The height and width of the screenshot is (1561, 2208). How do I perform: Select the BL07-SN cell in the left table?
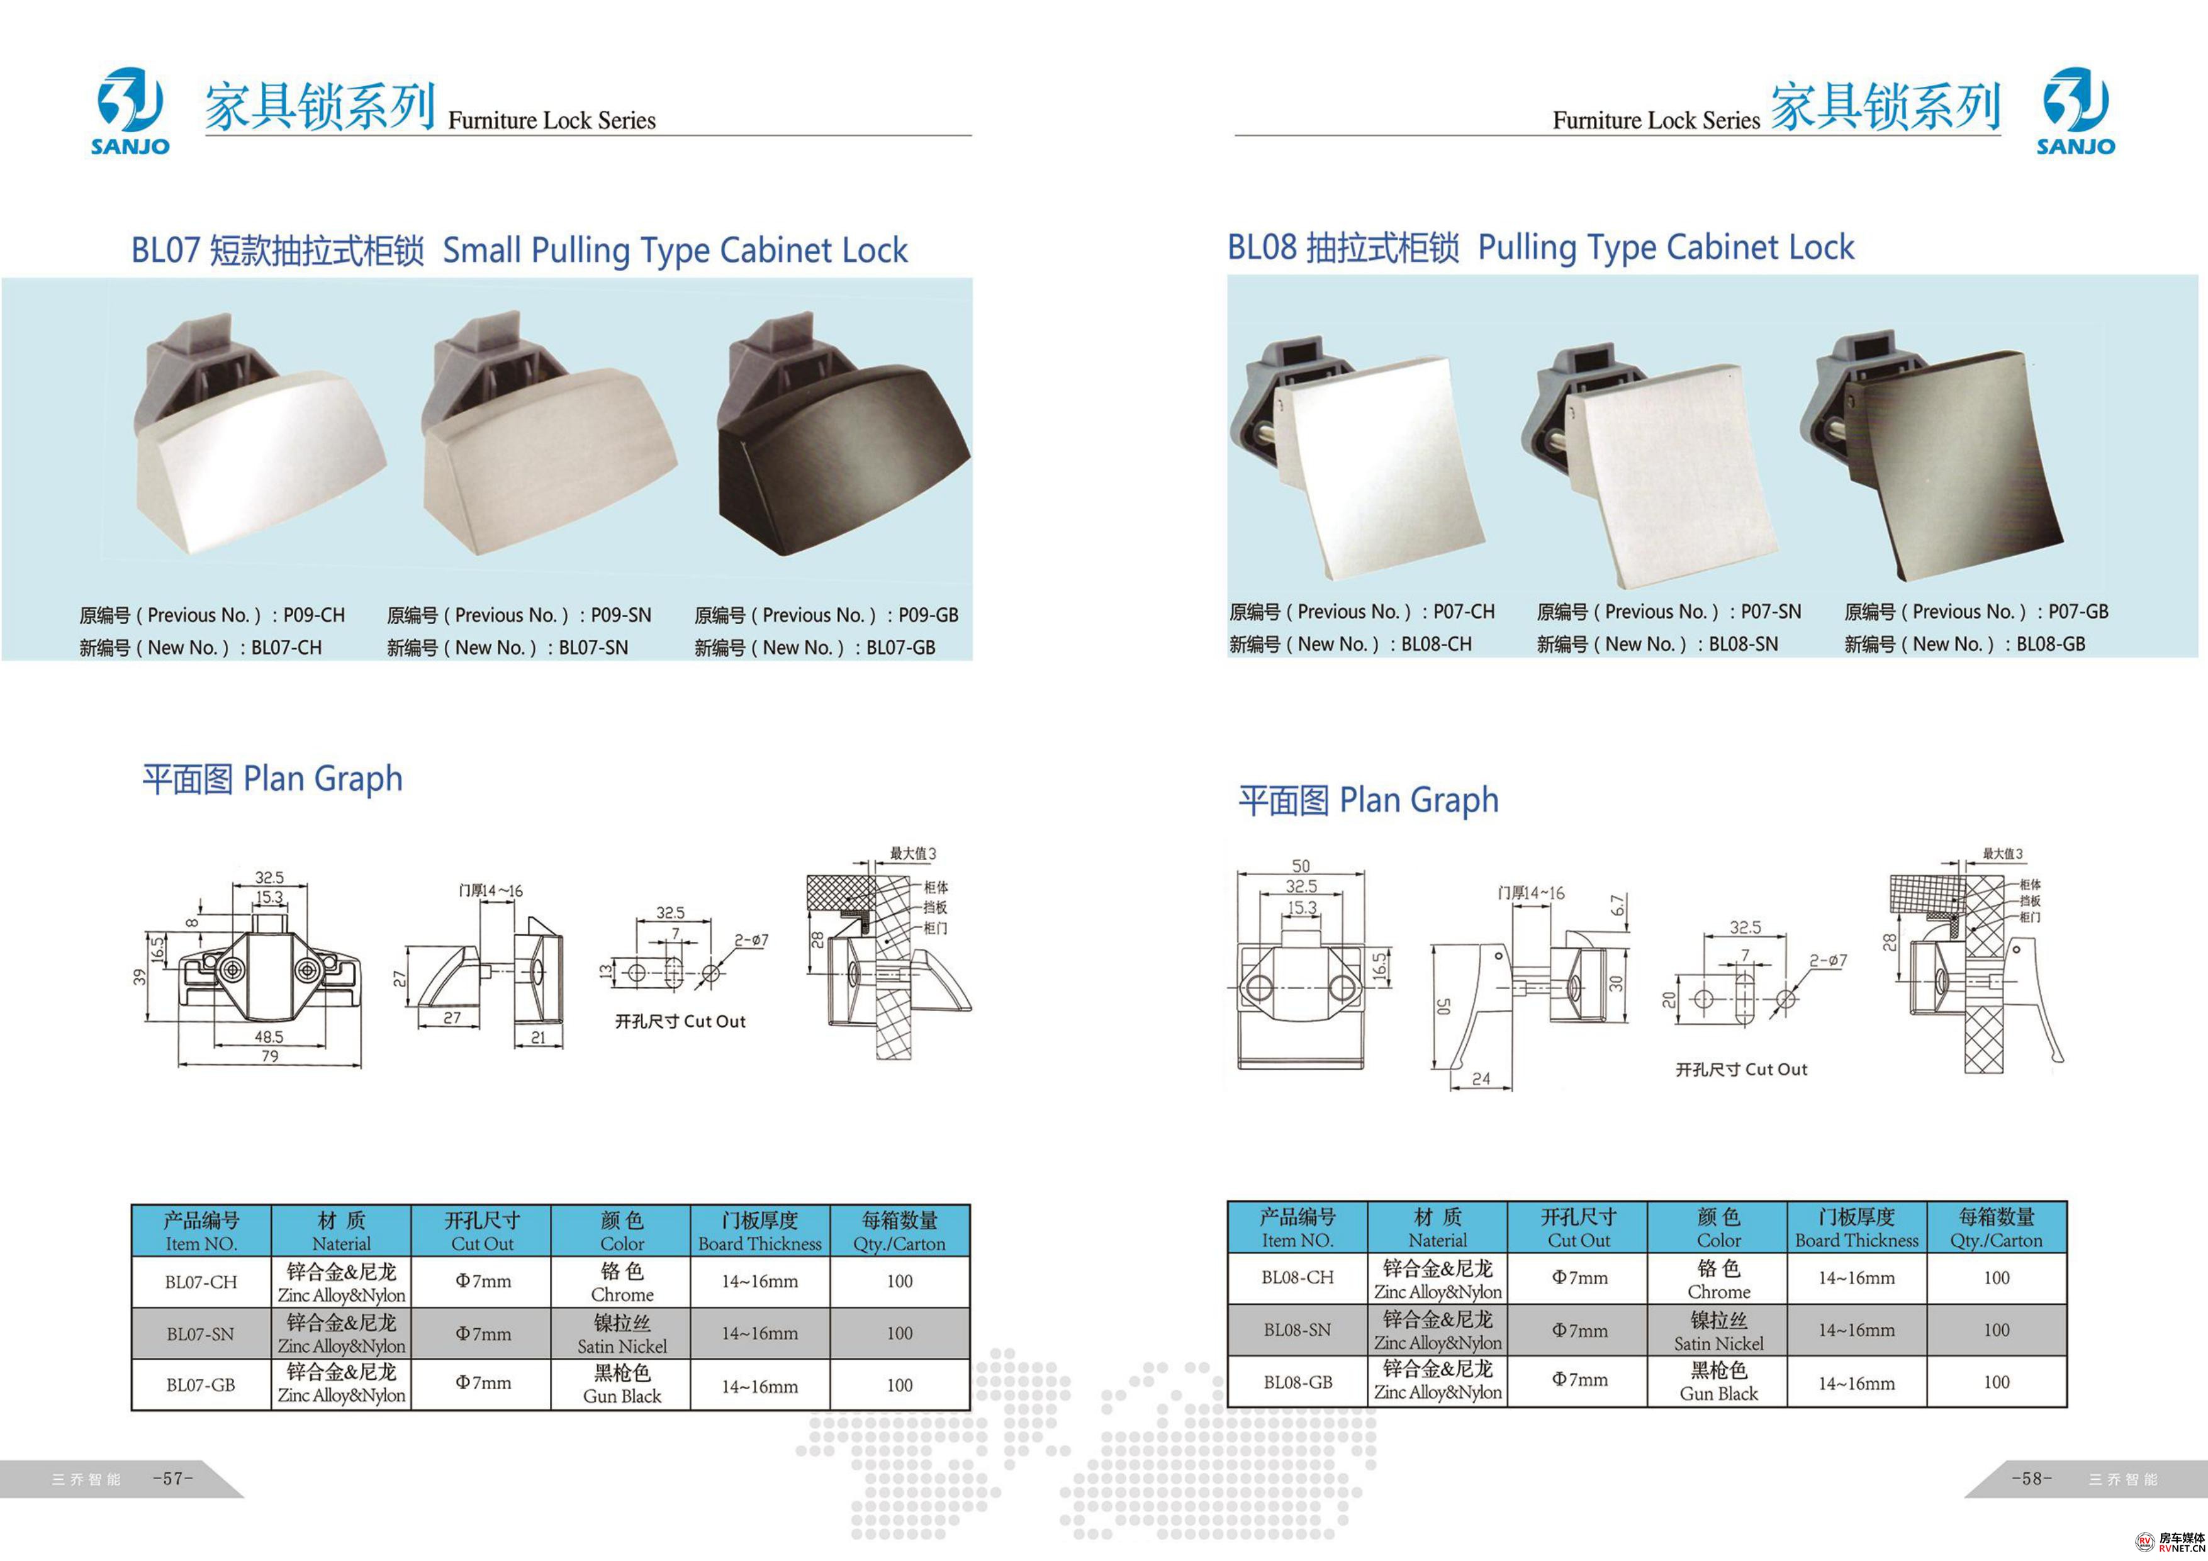point(200,1334)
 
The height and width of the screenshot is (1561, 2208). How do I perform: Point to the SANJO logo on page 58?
point(2075,111)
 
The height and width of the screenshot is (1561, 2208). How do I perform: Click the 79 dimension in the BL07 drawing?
point(270,1056)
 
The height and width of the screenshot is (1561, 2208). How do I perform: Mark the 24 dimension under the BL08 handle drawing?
point(1481,1079)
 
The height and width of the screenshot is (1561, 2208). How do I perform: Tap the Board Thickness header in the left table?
point(759,1244)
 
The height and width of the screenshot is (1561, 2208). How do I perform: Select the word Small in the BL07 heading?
point(482,250)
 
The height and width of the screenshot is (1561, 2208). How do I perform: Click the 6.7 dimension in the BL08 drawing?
point(1618,905)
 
